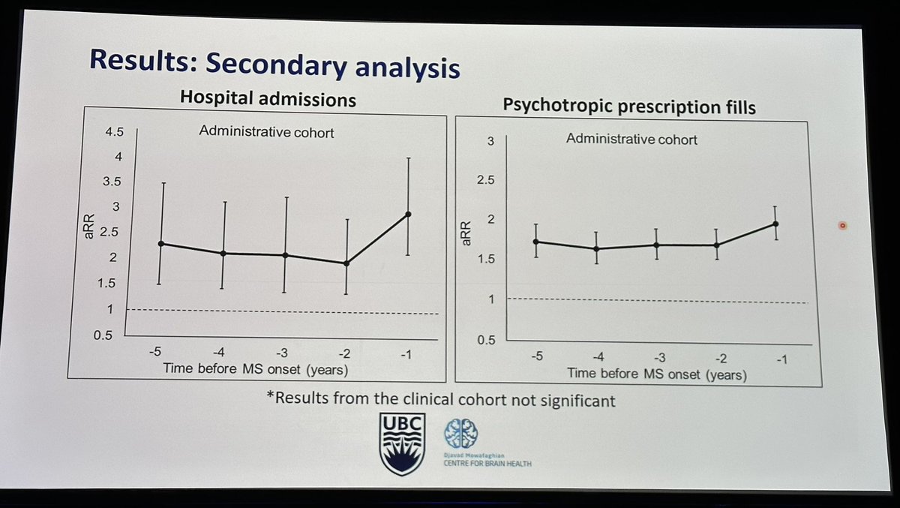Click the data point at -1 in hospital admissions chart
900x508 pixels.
408,214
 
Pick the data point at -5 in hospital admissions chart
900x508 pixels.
161,244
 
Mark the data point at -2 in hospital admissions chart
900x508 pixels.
346,263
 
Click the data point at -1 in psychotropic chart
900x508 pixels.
775,224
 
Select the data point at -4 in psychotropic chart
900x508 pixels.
596,248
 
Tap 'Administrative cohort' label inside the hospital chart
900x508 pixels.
266,132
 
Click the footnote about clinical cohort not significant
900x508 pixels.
440,400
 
